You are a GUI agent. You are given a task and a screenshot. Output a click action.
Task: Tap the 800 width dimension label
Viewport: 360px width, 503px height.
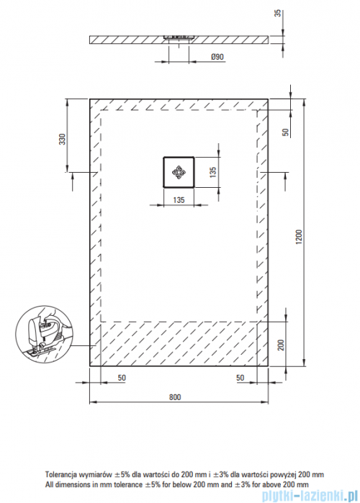coord(175,397)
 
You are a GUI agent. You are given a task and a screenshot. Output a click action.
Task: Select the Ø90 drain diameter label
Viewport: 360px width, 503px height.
coord(217,57)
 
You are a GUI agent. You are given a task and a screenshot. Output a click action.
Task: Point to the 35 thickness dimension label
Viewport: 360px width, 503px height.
coord(278,13)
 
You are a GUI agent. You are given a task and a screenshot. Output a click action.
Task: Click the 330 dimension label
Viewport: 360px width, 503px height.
coord(62,139)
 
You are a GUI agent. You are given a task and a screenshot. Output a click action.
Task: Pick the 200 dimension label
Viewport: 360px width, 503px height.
coord(281,345)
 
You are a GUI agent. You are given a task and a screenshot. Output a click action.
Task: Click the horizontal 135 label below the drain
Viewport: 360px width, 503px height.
coord(179,200)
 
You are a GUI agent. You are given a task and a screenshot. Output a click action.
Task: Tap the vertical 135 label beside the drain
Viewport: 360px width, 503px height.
coord(212,172)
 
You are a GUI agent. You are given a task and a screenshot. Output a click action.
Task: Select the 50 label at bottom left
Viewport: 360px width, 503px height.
coord(122,378)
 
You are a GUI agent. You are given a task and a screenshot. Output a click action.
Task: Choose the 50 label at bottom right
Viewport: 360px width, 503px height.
coord(240,378)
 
